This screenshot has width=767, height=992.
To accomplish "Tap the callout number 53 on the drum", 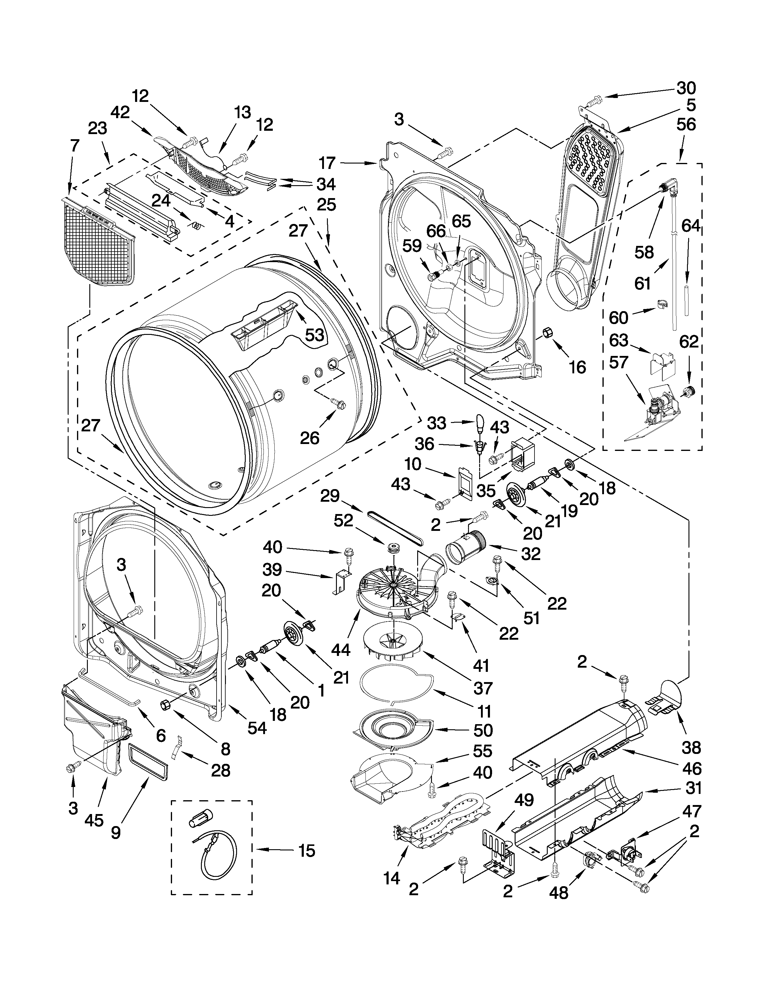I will [314, 335].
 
